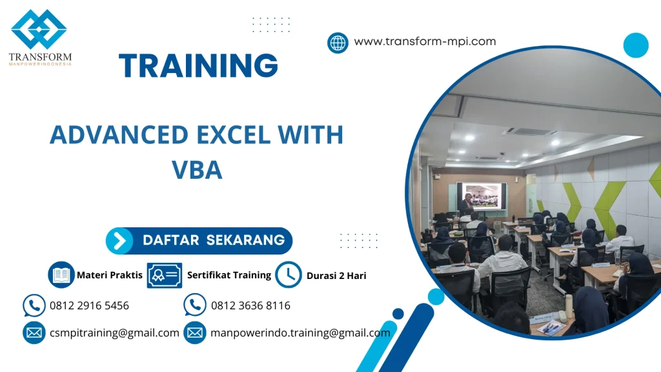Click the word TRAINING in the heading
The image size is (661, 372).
[199, 66]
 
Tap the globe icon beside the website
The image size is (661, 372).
[338, 43]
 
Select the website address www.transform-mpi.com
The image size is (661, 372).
[425, 41]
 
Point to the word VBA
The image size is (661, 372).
[197, 169]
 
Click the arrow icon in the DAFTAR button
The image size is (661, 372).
[119, 241]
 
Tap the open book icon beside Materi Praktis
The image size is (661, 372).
[61, 275]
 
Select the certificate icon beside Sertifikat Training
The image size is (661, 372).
[164, 275]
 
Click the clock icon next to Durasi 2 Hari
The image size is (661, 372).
[288, 275]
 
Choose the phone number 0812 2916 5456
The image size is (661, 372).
[89, 305]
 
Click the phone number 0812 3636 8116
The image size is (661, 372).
[250, 305]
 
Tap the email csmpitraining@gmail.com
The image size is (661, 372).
[114, 333]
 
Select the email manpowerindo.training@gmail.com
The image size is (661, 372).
[300, 333]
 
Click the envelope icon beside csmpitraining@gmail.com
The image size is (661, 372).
[34, 333]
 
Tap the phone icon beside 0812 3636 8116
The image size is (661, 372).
[194, 305]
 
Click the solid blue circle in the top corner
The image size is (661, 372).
[635, 45]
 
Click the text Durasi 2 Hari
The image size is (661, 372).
[336, 276]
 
